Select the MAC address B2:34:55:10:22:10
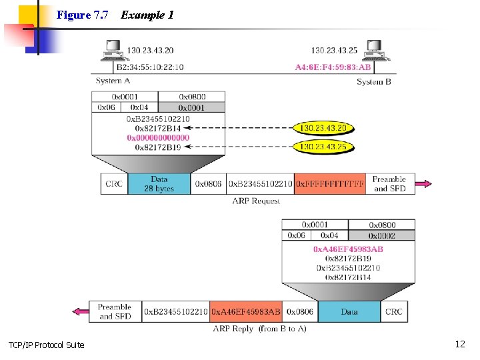(x=150, y=67)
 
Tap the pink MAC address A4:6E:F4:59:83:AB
(x=333, y=67)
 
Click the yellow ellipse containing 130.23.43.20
(x=323, y=128)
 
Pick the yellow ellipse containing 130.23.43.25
(x=323, y=147)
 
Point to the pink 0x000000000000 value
(x=159, y=138)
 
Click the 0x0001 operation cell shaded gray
(x=192, y=107)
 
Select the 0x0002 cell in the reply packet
(x=382, y=235)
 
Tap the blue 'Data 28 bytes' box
(x=159, y=184)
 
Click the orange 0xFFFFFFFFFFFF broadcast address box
(x=331, y=184)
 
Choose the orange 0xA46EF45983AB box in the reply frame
(x=246, y=311)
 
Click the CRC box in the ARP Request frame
(x=114, y=184)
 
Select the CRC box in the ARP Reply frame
(x=394, y=311)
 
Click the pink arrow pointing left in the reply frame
(x=81, y=311)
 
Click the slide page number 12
(x=459, y=344)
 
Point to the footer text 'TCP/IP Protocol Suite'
(x=47, y=345)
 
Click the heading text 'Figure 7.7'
(x=83, y=15)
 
